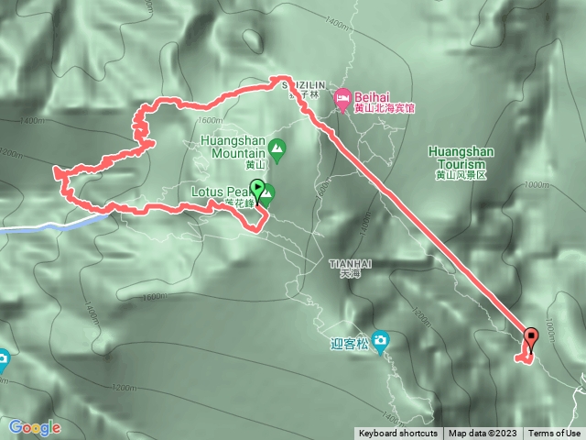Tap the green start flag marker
pyautogui.click(x=258, y=191)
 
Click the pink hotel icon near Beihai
pyautogui.click(x=343, y=95)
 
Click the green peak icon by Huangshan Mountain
pyautogui.click(x=275, y=147)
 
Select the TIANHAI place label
pyautogui.click(x=343, y=263)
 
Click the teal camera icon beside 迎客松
pyautogui.click(x=380, y=341)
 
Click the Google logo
pyautogui.click(x=35, y=427)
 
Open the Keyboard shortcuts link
pyautogui.click(x=397, y=434)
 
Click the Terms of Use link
pyautogui.click(x=554, y=434)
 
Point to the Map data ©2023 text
pyautogui.click(x=483, y=434)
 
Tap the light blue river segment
pyautogui.click(x=46, y=225)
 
